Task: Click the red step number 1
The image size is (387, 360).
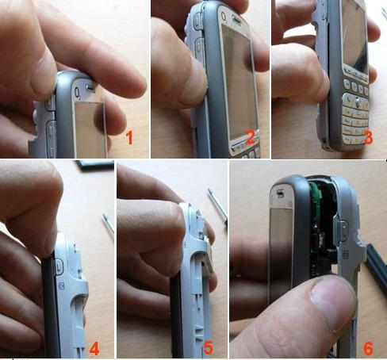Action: pos(129,138)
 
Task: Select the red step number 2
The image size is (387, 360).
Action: pos(251,137)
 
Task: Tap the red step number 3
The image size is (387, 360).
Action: pos(368,138)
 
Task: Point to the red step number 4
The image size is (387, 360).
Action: pos(94,348)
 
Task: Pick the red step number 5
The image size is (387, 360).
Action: pos(209,348)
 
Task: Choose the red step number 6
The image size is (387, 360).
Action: pos(368,348)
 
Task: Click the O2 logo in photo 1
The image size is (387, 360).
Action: pos(78,93)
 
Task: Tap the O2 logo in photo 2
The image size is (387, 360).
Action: pos(224,17)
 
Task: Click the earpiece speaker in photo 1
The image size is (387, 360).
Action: pos(90,86)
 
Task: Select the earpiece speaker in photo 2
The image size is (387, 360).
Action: pos(237,19)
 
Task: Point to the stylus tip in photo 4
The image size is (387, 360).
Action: pos(104,216)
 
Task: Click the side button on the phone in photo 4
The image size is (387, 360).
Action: pos(59,266)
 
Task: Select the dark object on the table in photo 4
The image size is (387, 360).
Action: pos(94,165)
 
